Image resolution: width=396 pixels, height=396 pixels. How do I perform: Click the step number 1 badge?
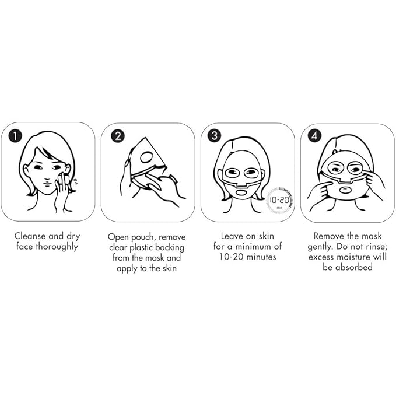coord(15,136)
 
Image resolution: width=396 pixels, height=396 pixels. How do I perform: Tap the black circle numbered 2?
coord(118,136)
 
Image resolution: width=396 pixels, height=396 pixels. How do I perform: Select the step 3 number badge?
coord(215,135)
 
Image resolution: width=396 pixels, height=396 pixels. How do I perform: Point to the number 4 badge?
coord(314,136)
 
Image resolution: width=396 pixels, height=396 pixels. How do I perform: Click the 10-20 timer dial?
coord(279,200)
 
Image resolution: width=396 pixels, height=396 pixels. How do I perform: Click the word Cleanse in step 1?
coord(30,236)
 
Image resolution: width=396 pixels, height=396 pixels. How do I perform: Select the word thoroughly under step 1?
coord(57,247)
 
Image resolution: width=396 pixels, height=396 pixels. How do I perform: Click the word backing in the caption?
coord(170,248)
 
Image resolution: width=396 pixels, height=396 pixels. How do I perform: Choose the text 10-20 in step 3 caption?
coord(232,257)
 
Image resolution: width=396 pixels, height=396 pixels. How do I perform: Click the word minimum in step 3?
coord(255,247)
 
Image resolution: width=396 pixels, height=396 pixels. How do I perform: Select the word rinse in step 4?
coord(375,247)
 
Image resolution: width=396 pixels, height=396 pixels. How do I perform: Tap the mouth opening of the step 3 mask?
coord(242,192)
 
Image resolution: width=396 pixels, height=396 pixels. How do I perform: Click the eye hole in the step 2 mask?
coord(147,157)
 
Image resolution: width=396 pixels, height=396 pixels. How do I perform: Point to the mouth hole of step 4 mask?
coord(344,190)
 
